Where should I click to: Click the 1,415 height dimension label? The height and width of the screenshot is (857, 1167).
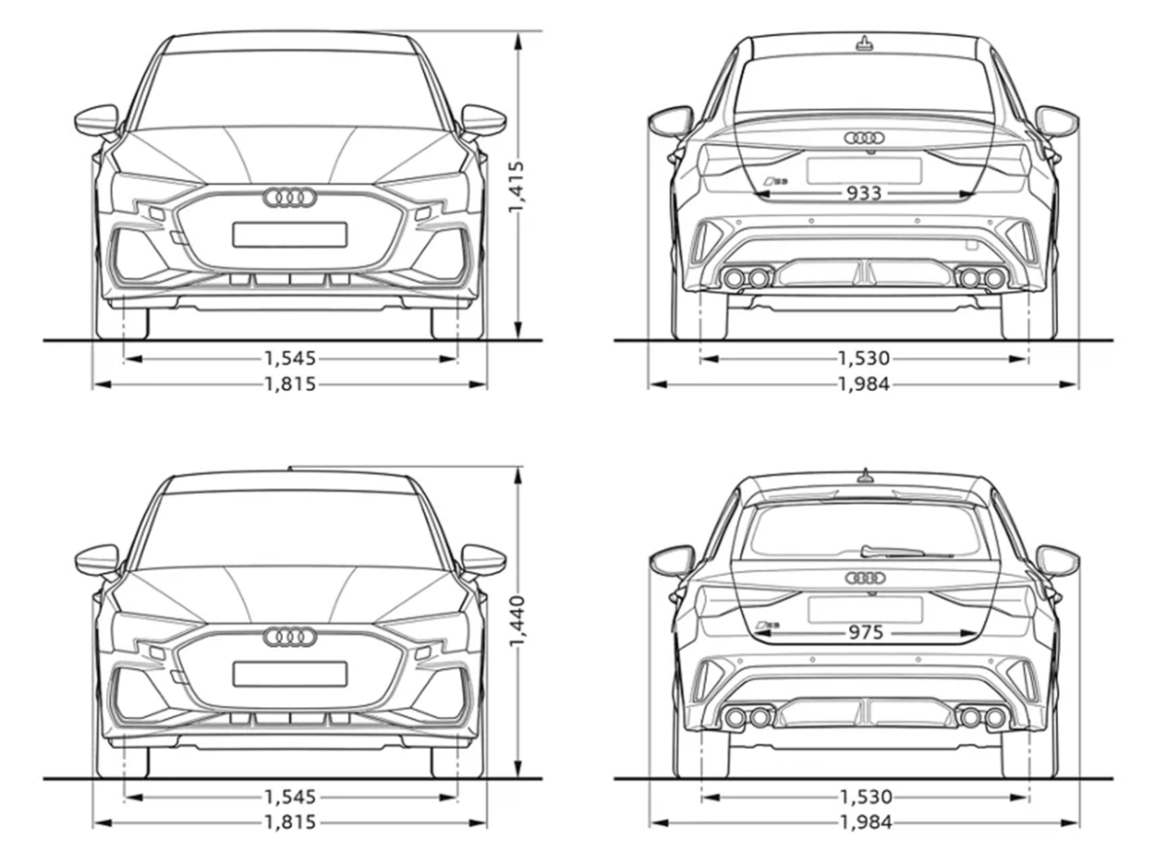click(x=516, y=187)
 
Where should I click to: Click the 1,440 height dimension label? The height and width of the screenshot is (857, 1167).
click(x=516, y=622)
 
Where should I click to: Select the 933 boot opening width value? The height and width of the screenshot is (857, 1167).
click(x=864, y=194)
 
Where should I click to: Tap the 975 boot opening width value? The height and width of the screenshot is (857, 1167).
click(x=866, y=632)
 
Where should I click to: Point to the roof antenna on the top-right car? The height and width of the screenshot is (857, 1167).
click(x=865, y=44)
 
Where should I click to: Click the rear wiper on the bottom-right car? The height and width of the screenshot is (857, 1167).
click(x=901, y=552)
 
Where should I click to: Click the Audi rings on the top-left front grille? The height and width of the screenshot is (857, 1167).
click(x=290, y=197)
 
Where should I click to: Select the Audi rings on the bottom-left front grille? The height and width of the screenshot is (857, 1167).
click(x=290, y=636)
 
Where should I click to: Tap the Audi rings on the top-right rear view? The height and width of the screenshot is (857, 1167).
click(x=865, y=137)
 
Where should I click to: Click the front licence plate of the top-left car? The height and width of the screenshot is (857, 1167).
click(x=290, y=234)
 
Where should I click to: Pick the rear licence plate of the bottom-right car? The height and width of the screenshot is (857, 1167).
click(x=866, y=610)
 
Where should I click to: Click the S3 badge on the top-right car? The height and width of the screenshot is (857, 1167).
click(x=775, y=181)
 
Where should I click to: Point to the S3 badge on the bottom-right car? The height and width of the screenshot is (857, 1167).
click(x=767, y=625)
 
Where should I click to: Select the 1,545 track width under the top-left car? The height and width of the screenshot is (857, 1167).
click(x=290, y=358)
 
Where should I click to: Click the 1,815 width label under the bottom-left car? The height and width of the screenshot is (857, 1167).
click(x=290, y=823)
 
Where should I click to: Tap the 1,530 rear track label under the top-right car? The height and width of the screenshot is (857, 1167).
click(x=864, y=358)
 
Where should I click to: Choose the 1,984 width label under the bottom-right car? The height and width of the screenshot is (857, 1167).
click(x=866, y=823)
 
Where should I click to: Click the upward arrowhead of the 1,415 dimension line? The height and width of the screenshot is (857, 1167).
click(x=517, y=42)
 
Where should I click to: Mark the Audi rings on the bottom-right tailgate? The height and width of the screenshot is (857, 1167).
click(x=866, y=578)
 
